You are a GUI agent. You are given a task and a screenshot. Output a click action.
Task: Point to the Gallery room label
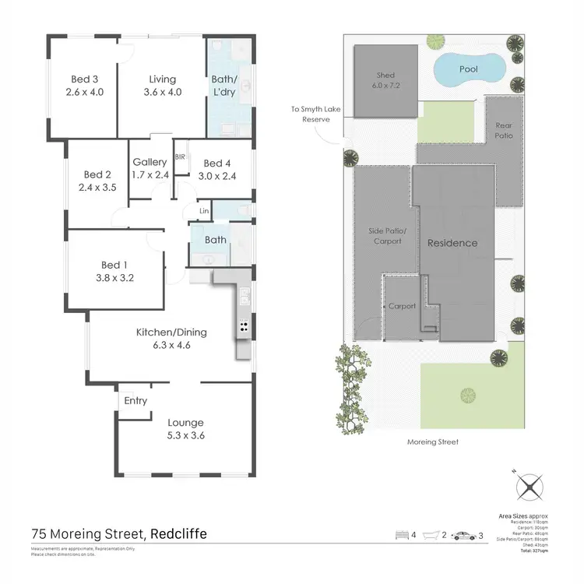[150, 169]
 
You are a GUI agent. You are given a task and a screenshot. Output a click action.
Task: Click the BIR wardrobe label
[181, 157]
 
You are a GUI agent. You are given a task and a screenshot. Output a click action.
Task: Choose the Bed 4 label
[218, 170]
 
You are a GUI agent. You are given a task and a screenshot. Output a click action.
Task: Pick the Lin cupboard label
[205, 211]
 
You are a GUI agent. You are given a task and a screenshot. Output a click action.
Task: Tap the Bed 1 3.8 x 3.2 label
[115, 269]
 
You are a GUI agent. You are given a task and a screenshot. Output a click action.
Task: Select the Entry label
[135, 401]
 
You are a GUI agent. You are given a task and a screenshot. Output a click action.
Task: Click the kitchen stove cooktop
[243, 327]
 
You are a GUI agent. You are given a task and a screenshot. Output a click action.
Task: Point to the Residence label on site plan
[452, 243]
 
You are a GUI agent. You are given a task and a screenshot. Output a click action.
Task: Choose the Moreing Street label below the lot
[434, 442]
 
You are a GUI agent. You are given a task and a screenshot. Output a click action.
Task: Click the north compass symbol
[529, 488]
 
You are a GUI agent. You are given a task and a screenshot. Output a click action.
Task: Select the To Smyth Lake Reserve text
[311, 115]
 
